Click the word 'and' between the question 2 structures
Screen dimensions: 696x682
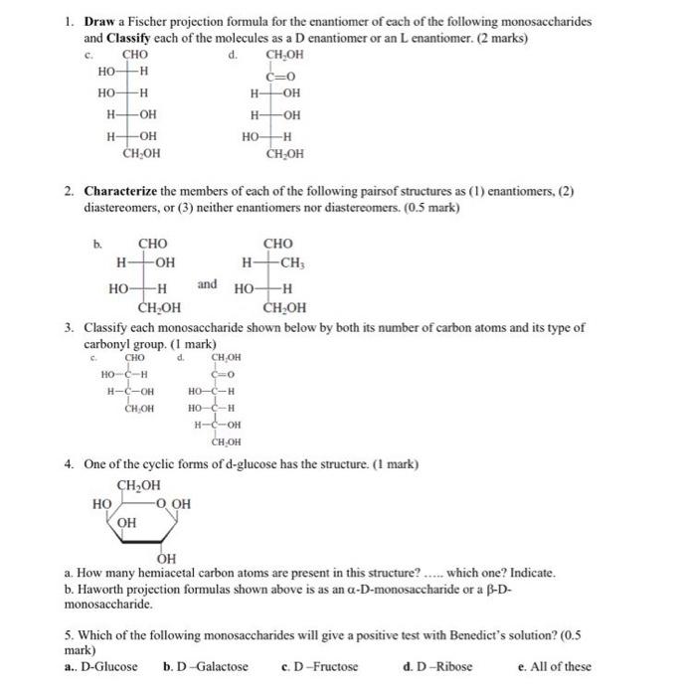click(x=207, y=284)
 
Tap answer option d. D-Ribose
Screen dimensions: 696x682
click(x=439, y=666)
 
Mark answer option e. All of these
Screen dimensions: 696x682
click(x=555, y=666)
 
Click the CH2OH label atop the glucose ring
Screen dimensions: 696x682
click(x=138, y=485)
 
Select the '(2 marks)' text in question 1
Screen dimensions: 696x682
click(x=497, y=37)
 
